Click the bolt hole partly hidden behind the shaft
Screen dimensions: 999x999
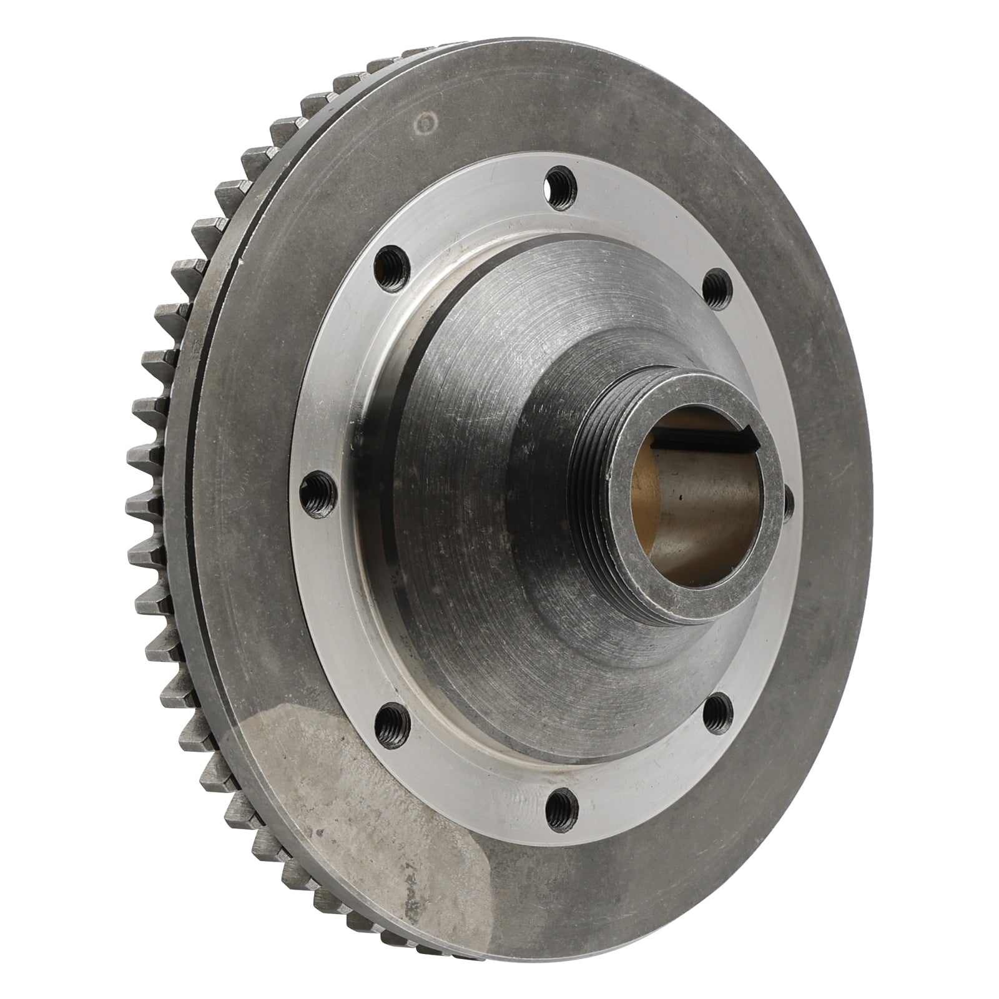click(788, 499)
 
